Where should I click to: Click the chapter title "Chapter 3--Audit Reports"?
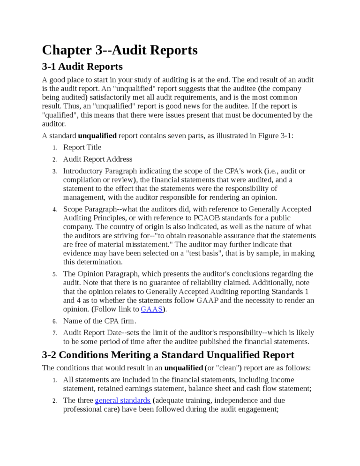point(120,50)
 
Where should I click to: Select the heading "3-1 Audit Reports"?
point(82,67)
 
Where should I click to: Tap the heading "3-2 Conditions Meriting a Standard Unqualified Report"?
point(168,354)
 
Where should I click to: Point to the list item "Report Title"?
point(82,147)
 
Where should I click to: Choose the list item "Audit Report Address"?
point(97,159)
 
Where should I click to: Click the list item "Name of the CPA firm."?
point(99,321)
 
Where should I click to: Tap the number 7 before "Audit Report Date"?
point(54,333)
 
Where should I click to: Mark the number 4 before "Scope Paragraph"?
point(54,210)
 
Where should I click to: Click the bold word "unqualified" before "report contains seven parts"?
point(97,136)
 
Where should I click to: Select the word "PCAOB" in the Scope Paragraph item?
point(204,218)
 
